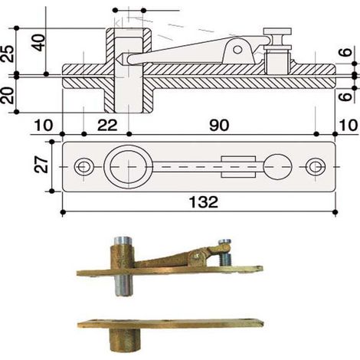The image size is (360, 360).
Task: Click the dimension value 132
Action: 204,202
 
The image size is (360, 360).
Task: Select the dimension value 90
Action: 219,126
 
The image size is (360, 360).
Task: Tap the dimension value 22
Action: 107,126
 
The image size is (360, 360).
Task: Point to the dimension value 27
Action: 41,165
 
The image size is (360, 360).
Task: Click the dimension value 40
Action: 38,42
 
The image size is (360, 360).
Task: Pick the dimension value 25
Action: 7,54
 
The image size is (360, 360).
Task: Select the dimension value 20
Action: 7,96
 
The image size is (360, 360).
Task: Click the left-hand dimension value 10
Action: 44,126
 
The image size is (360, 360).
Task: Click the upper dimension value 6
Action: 346,52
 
